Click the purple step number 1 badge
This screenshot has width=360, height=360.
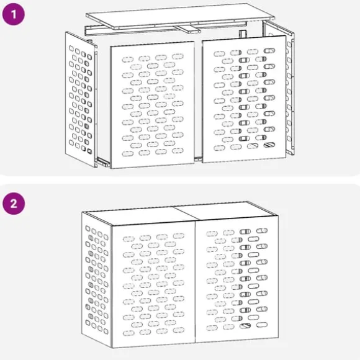13,14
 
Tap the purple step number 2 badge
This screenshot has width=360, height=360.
14,204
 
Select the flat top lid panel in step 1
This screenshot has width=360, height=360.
180,16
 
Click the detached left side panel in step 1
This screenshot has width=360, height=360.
80,99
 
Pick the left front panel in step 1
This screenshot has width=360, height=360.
152,105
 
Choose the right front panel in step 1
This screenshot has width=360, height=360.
245,99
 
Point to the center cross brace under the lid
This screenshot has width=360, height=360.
187,29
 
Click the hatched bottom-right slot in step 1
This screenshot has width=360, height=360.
269,145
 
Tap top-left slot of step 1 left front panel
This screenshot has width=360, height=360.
127,60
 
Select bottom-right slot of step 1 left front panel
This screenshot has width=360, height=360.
178,151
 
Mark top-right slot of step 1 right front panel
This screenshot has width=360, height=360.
269,50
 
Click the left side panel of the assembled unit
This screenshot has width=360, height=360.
97,279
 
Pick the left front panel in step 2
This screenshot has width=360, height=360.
153,285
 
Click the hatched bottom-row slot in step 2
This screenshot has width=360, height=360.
245,326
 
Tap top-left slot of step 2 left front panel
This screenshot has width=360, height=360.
128,239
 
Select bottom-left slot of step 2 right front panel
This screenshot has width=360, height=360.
212,328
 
